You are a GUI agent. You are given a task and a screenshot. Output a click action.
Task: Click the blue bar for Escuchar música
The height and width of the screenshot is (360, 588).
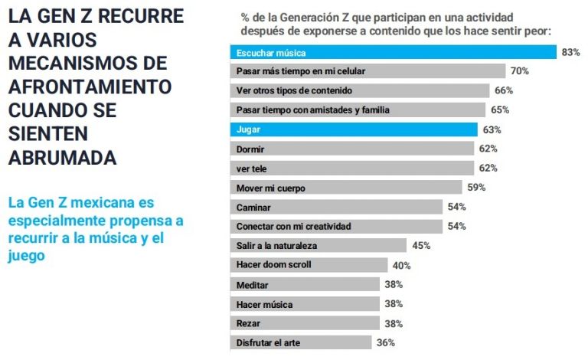[393, 52]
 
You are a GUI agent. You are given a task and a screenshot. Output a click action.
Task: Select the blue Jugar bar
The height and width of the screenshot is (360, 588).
[354, 129]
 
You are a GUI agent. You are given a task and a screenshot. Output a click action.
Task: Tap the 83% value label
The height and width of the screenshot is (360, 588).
[570, 52]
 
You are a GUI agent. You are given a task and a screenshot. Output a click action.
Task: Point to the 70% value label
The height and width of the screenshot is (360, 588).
[520, 71]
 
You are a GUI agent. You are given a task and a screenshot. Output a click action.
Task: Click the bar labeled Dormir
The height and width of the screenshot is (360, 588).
[352, 149]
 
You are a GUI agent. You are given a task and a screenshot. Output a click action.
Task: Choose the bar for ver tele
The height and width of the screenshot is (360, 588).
[352, 168]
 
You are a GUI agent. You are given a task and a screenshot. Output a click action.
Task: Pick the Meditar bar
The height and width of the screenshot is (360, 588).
[305, 284]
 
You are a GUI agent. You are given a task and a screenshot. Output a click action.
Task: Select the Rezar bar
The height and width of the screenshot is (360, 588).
[305, 322]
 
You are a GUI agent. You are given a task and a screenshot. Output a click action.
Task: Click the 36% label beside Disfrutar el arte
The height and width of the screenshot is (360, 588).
[385, 342]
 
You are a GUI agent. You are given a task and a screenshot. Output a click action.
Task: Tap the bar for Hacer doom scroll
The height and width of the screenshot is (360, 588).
[309, 265]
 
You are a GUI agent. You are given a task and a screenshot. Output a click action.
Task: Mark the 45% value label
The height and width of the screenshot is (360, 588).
[421, 246]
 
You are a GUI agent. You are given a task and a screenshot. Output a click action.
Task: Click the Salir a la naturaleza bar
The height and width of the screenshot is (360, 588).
[318, 246]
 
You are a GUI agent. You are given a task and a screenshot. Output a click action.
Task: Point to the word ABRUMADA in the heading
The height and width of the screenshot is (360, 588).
[62, 158]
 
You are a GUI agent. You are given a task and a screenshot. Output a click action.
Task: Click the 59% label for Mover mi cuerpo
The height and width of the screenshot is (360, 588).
[476, 187]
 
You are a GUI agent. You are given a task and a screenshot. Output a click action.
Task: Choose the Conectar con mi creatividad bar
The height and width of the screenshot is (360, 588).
[336, 226]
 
